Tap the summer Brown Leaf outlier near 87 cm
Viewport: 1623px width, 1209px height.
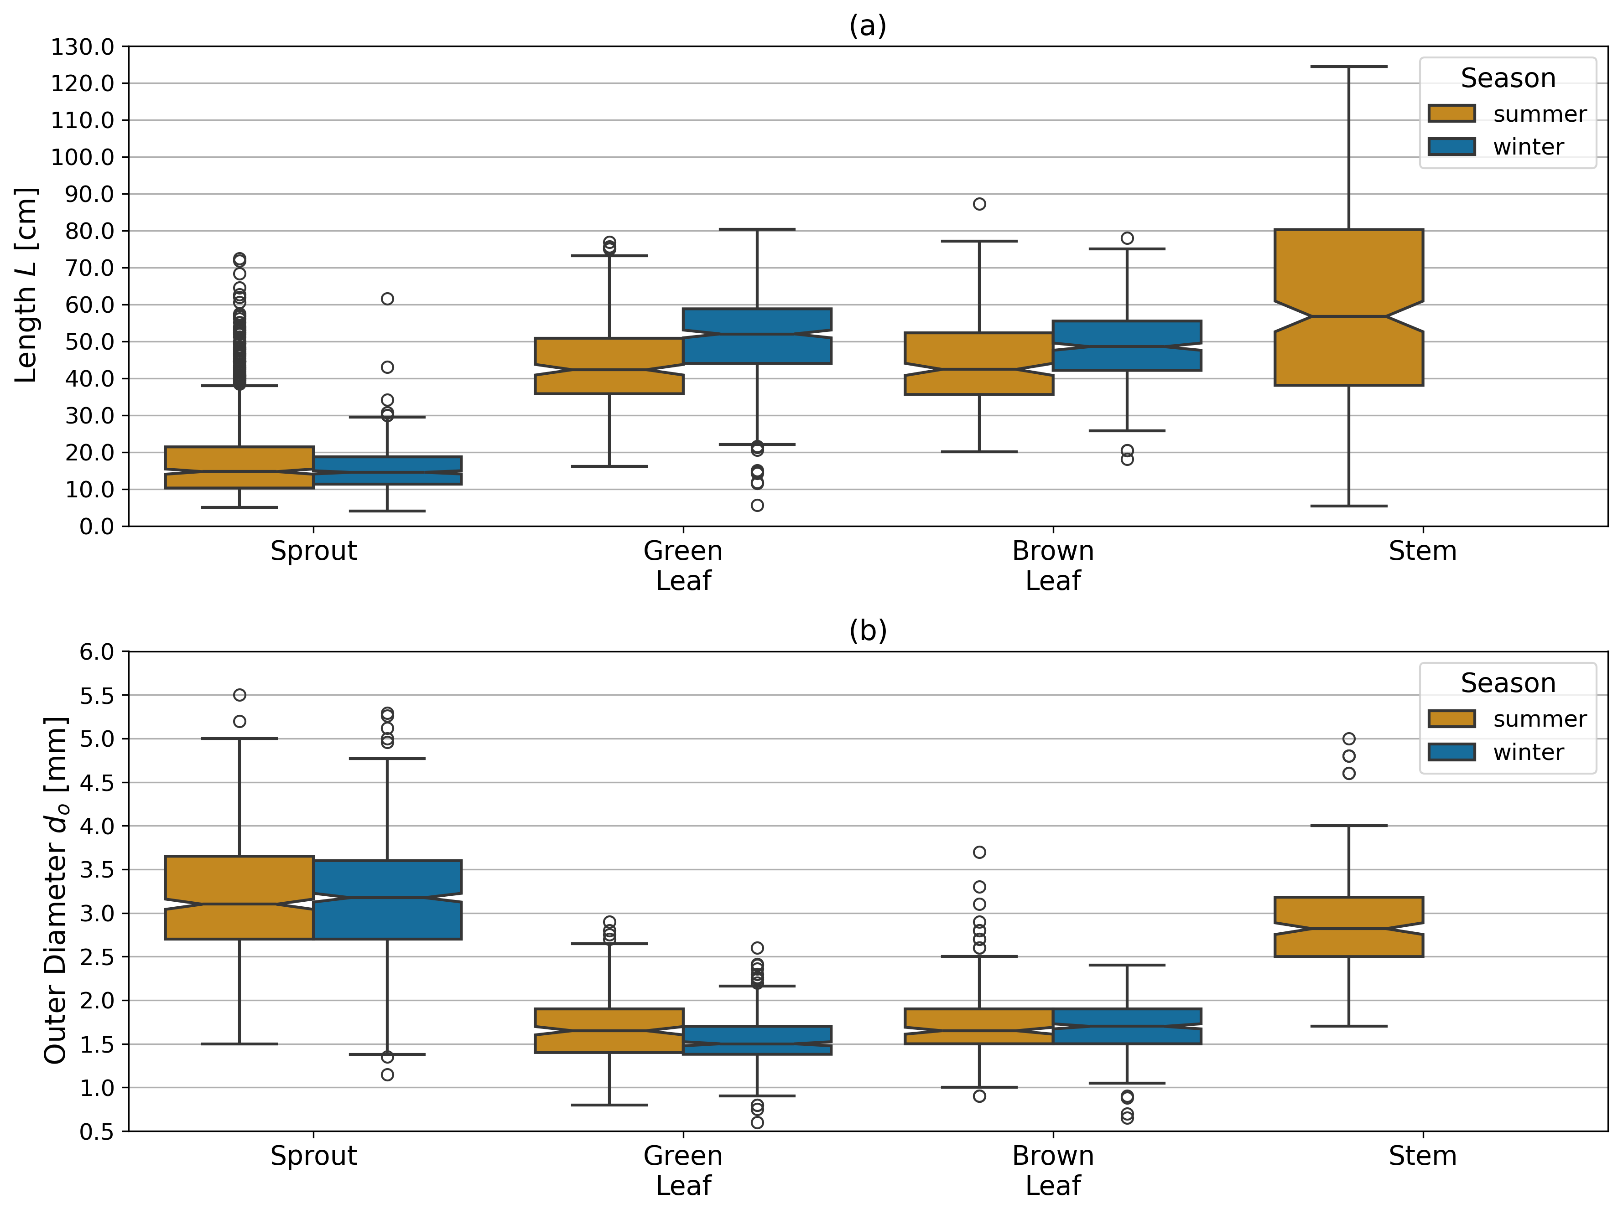tap(979, 204)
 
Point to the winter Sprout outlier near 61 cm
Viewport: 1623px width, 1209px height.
tap(387, 299)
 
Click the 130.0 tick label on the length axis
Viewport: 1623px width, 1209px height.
tap(82, 47)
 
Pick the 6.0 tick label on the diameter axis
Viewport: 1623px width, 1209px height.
tap(97, 652)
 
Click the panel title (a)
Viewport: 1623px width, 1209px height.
tap(868, 26)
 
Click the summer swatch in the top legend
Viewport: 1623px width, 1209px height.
tap(1451, 114)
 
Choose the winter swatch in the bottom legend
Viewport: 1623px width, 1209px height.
tap(1451, 752)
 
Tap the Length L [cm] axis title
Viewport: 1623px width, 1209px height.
tap(26, 285)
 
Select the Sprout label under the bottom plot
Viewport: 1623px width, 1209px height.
tap(313, 1156)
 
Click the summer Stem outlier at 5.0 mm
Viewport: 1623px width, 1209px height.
tap(1348, 739)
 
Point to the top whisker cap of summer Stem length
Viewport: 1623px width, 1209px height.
tap(1348, 67)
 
